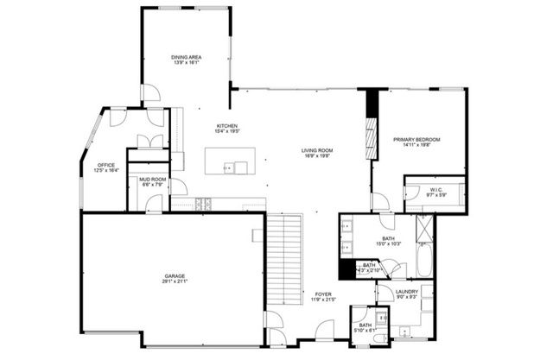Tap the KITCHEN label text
coord(227,126)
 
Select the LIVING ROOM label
coord(317,149)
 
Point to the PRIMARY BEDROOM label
coord(416,140)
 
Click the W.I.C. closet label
coord(435,190)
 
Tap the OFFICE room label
coord(106,166)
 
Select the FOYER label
coord(322,294)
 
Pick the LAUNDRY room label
coord(407,292)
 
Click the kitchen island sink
coord(230,167)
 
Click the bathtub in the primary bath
coord(425,260)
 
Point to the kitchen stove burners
coord(205,204)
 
